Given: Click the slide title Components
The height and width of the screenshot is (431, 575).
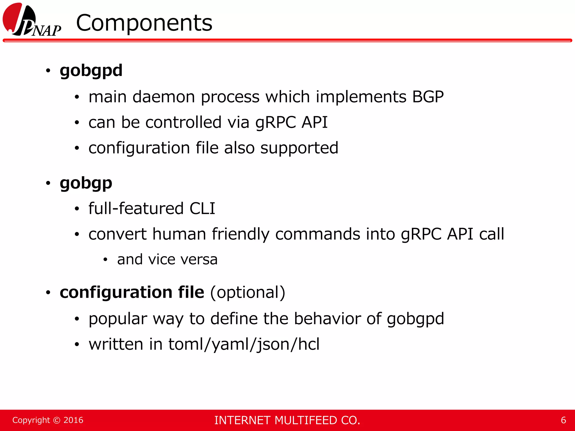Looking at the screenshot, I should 144,23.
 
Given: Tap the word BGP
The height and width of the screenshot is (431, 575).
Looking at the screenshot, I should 428,97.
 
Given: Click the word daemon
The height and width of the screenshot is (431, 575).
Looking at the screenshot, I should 163,97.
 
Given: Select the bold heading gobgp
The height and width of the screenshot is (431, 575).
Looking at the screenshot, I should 86,183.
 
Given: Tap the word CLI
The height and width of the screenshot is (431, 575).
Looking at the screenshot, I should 202,208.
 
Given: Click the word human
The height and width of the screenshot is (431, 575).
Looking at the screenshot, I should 179,234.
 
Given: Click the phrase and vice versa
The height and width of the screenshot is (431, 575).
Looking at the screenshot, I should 167,259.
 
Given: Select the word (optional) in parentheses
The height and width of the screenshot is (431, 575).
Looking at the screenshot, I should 248,292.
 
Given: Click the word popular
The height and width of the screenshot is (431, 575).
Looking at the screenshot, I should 118,319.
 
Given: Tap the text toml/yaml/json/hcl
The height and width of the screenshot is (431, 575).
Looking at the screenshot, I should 244,344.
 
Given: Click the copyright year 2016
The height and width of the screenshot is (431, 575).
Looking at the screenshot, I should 73,420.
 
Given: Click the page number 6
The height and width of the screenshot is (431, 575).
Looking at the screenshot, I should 563,420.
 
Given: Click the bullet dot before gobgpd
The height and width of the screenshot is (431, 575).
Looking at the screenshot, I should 48,71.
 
